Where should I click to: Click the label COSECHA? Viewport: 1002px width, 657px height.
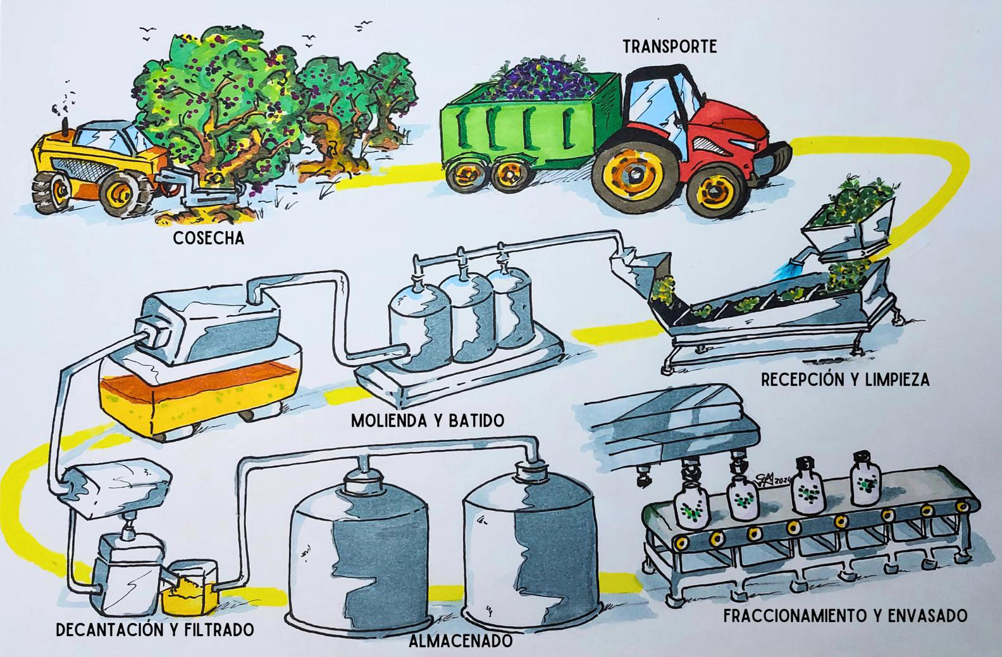point(208,238)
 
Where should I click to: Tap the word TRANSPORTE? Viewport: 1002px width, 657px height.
point(670,46)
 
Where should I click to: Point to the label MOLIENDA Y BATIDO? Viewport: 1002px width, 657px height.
point(428,420)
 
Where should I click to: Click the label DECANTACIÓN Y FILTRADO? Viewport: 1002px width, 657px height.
point(155,630)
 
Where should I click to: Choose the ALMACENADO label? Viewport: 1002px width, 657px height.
point(461,640)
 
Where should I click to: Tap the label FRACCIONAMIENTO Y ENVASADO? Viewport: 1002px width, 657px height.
point(845,615)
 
